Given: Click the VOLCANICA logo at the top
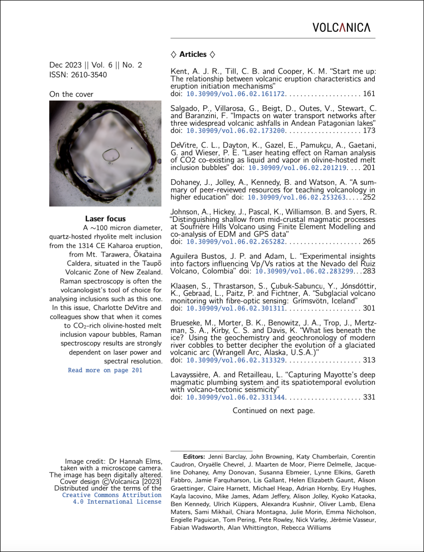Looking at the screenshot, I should click(x=341, y=27).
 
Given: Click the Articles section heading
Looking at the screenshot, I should click(x=193, y=54).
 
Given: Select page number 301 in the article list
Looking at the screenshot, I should click(x=369, y=308).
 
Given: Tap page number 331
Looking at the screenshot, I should click(x=369, y=397).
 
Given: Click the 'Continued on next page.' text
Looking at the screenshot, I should click(x=274, y=411).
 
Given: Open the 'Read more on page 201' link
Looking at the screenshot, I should click(x=105, y=370).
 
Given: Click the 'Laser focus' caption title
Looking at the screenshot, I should click(x=105, y=219).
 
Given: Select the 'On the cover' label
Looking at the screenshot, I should click(x=71, y=94).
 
